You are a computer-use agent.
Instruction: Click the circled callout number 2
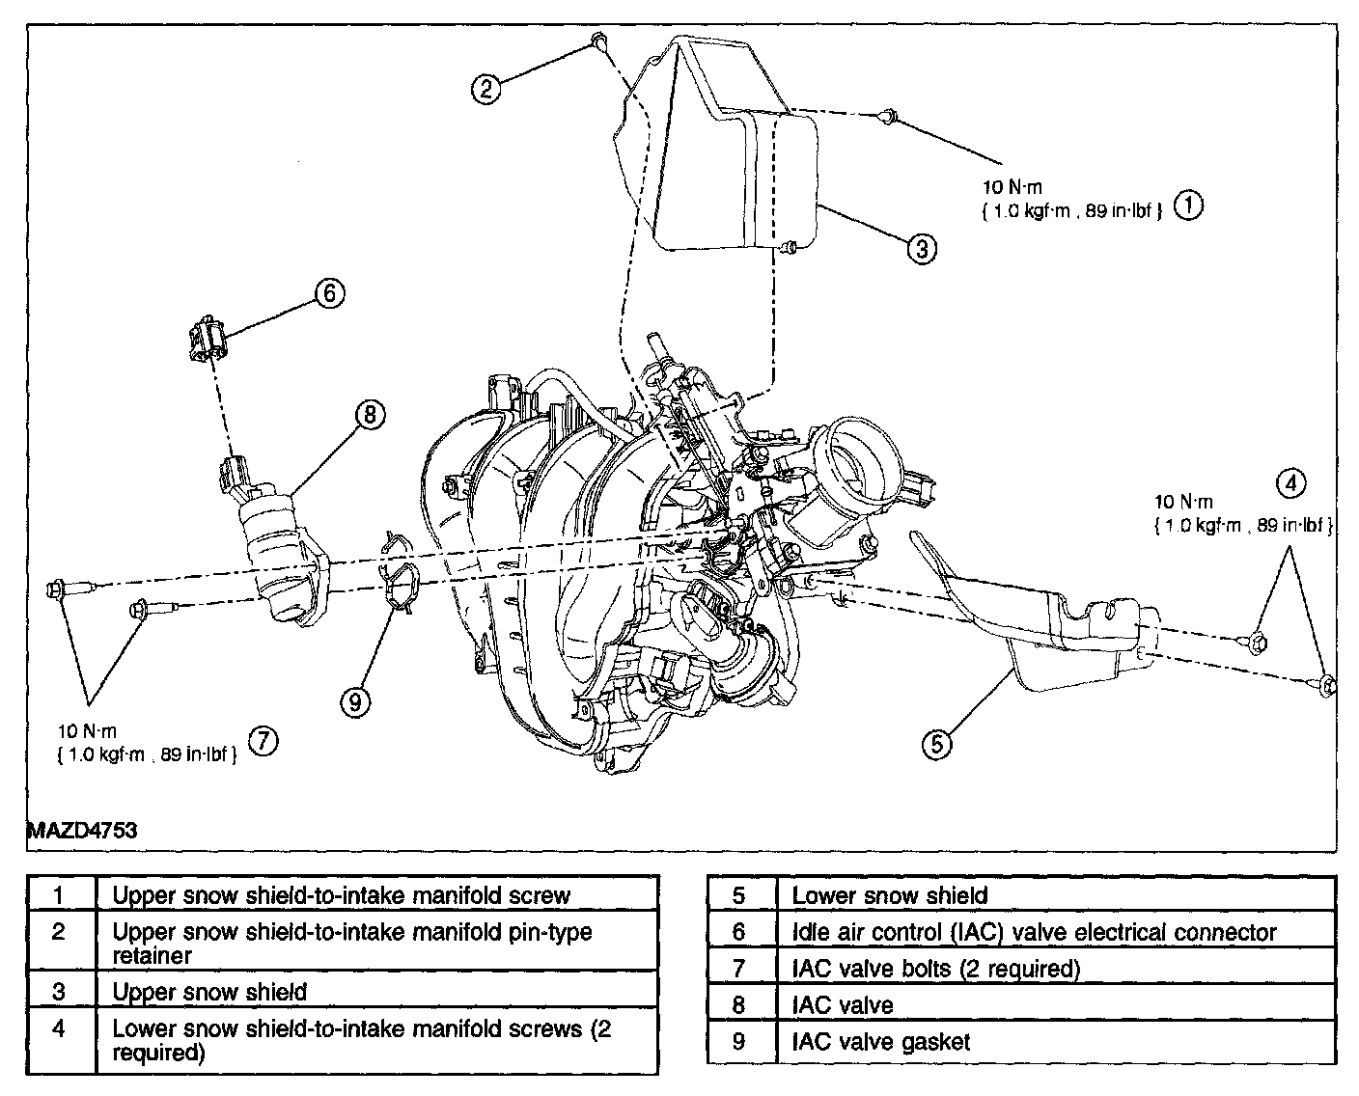tap(486, 89)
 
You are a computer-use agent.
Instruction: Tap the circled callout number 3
tap(922, 249)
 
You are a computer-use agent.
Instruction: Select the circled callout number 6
tap(328, 292)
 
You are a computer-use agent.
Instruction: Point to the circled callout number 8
tap(369, 415)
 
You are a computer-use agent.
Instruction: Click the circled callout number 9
tap(354, 702)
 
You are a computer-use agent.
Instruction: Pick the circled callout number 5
tap(937, 743)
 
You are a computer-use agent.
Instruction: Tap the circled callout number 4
tap(1290, 481)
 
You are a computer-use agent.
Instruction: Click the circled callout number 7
tap(263, 740)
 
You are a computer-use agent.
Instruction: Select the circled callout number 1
tap(1188, 205)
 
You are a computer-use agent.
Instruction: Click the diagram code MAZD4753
tap(81, 829)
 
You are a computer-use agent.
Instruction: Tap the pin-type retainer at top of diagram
tap(598, 40)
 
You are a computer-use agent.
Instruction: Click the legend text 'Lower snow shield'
tap(889, 895)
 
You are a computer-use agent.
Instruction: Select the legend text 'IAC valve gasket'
tap(880, 1042)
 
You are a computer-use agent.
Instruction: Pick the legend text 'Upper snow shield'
tap(209, 992)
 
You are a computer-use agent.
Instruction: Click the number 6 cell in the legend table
tap(739, 932)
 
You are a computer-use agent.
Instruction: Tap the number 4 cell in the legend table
tap(60, 1029)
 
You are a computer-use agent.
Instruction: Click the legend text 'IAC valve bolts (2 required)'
tap(935, 969)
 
